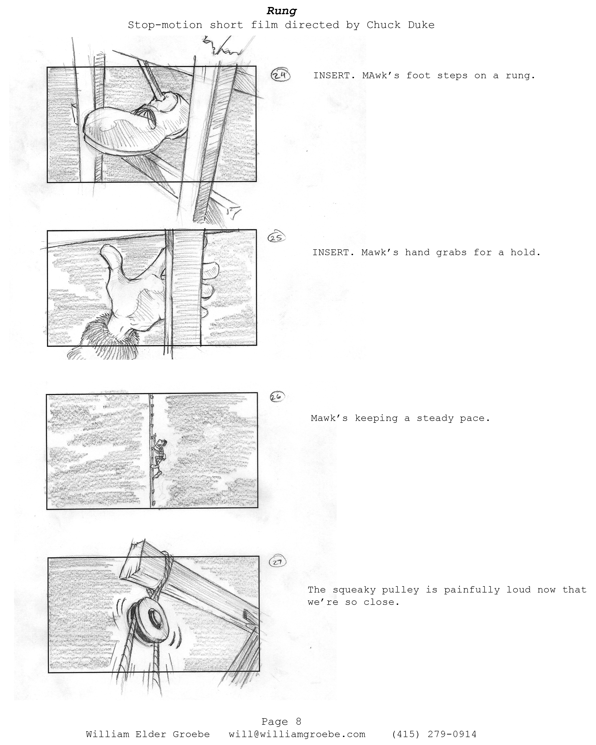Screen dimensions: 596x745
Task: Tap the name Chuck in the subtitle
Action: [383, 25]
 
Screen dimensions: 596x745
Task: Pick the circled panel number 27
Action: [278, 562]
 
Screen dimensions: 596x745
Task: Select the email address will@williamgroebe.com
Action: [297, 734]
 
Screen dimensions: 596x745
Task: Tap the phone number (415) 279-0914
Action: [434, 734]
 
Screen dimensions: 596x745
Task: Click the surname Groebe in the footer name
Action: [191, 734]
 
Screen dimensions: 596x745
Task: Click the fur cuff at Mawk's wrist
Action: [104, 337]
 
